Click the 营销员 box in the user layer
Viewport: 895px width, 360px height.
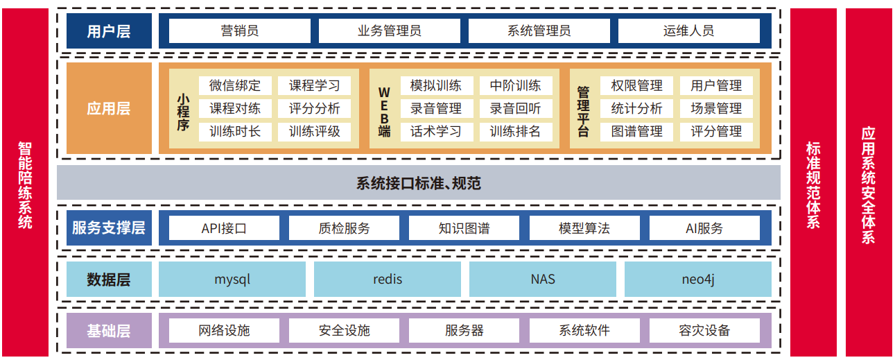coord(240,31)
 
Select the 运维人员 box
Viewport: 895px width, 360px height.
coord(688,31)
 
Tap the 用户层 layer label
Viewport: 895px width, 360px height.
coord(109,31)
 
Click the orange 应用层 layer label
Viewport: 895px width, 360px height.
coord(109,108)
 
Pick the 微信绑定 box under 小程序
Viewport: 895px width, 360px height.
coord(235,86)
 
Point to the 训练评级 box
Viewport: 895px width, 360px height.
coord(315,131)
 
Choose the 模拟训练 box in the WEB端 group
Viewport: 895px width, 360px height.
coord(435,86)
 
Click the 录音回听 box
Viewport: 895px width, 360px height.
coord(515,109)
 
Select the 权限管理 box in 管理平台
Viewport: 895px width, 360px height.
coord(636,86)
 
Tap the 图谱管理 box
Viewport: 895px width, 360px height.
coord(636,131)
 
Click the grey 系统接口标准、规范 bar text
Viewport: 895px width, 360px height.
coord(418,184)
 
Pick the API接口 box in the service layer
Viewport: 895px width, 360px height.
coord(224,228)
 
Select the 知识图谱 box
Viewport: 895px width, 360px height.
coord(464,228)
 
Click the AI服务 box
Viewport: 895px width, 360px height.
coord(704,228)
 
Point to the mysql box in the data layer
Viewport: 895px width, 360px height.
coord(232,280)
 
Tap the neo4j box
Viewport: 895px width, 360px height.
coord(697,280)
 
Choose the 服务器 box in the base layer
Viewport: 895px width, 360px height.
coord(464,331)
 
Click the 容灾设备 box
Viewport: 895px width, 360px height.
coord(704,331)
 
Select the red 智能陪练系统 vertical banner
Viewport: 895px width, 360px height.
coord(25,185)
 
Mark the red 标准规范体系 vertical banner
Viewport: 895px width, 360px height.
coord(813,185)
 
